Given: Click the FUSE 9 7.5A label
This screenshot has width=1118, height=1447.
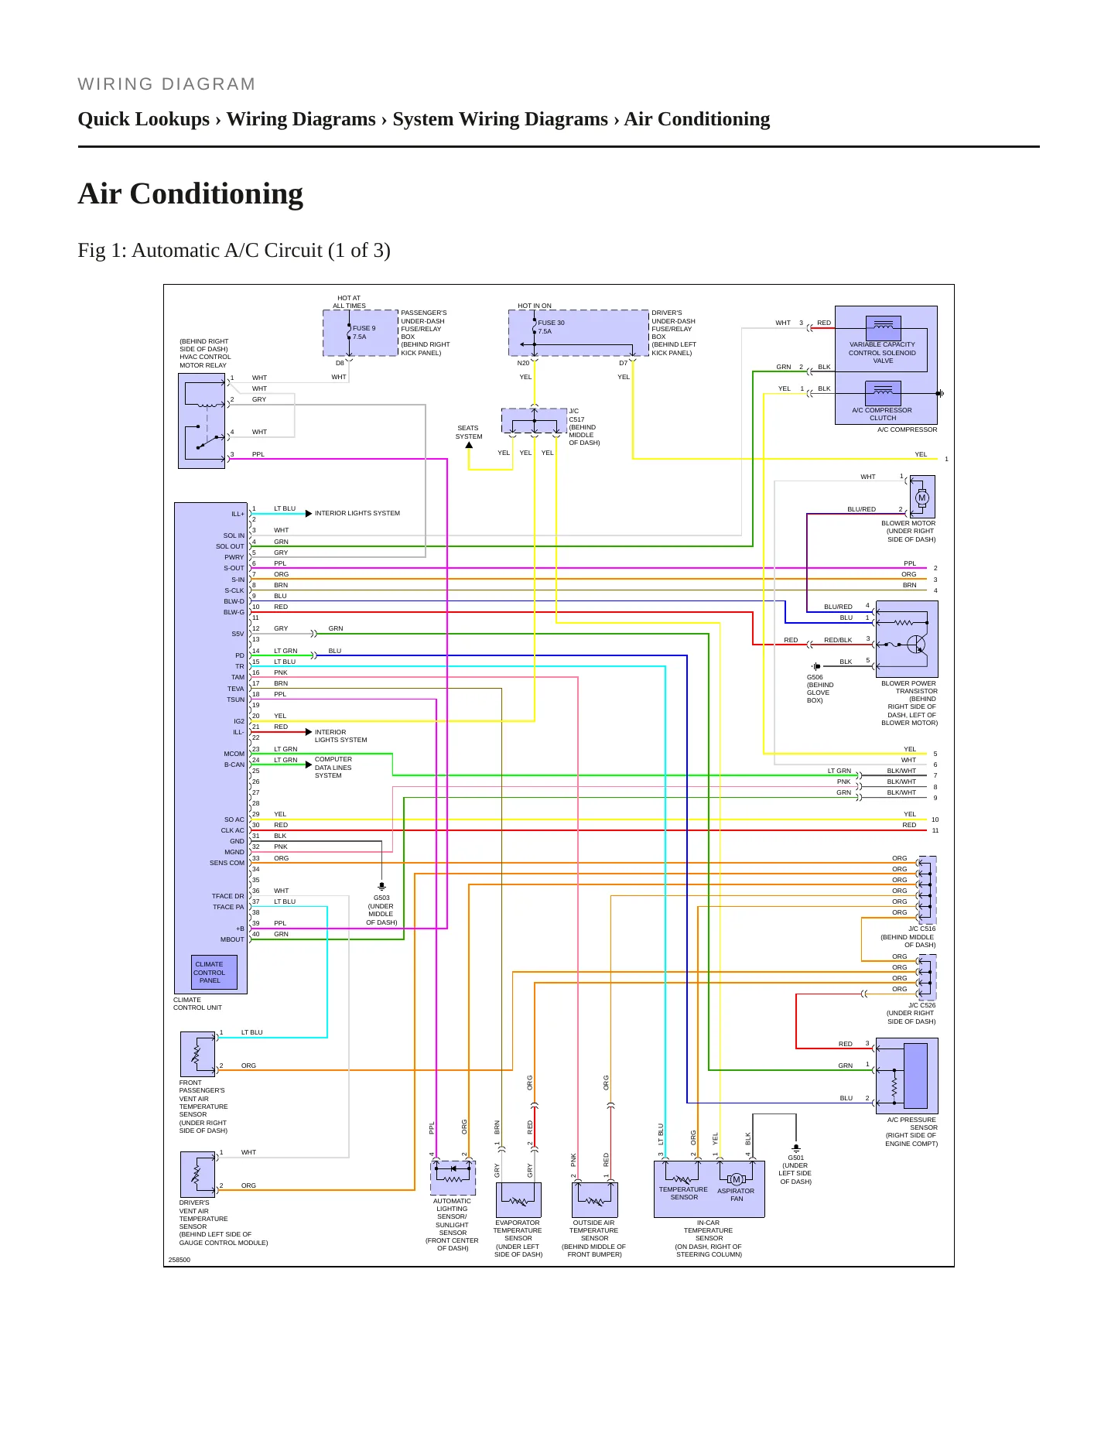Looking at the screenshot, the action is (x=364, y=333).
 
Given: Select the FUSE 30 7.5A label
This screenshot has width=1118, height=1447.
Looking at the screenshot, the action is (x=551, y=327).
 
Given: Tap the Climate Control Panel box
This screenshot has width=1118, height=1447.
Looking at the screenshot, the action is (x=214, y=973).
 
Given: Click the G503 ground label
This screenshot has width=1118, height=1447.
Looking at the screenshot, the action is (x=381, y=910).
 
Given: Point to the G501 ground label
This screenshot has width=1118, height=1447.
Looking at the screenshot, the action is (x=795, y=1170).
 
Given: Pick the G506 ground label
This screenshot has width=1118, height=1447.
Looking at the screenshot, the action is (x=820, y=689).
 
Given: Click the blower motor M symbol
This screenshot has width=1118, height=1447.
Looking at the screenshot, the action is (x=921, y=498).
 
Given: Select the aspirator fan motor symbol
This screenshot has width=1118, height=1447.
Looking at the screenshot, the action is (x=736, y=1180).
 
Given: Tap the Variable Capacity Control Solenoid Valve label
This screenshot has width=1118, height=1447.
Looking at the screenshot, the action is (x=883, y=353).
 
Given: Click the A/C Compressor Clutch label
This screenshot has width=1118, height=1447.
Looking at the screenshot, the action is (x=882, y=414).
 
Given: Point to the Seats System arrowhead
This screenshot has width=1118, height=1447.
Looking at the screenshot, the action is (x=469, y=445).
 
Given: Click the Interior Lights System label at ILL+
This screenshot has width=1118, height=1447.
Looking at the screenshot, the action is (x=357, y=513).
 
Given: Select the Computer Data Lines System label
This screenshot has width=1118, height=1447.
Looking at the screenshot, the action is (x=333, y=768).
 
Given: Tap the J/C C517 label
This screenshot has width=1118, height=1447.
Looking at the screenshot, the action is (x=584, y=427).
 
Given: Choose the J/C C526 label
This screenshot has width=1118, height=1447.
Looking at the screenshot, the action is (x=911, y=1014).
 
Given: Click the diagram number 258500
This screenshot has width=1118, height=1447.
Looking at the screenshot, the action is (x=179, y=1260).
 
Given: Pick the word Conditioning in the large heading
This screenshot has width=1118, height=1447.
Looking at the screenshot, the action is (x=217, y=193).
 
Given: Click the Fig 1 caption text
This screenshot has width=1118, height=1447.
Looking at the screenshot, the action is (x=234, y=251).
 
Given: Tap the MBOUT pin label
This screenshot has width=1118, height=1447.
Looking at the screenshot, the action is (x=232, y=939).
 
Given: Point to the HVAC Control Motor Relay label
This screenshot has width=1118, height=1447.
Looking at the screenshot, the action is (x=205, y=353).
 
